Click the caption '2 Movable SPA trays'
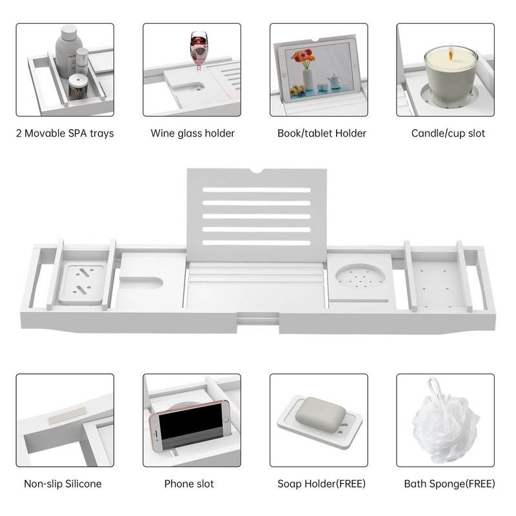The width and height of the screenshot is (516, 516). point(65,134)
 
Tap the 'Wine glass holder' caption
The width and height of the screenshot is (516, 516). point(192,134)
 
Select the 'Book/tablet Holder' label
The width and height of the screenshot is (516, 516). point(321,134)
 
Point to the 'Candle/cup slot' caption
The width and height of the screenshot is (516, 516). point(448,134)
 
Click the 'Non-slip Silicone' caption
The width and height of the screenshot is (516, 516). point(63,484)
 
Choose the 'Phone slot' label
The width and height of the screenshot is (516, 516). point(189,484)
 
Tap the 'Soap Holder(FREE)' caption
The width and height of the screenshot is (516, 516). point(321,484)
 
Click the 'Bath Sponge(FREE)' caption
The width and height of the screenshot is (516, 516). point(450,484)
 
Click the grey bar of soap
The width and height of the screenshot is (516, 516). point(320,412)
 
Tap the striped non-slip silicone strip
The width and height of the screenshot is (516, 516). point(67,415)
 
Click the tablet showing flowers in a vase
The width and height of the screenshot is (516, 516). point(318,70)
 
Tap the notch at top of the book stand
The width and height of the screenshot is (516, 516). point(257,171)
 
